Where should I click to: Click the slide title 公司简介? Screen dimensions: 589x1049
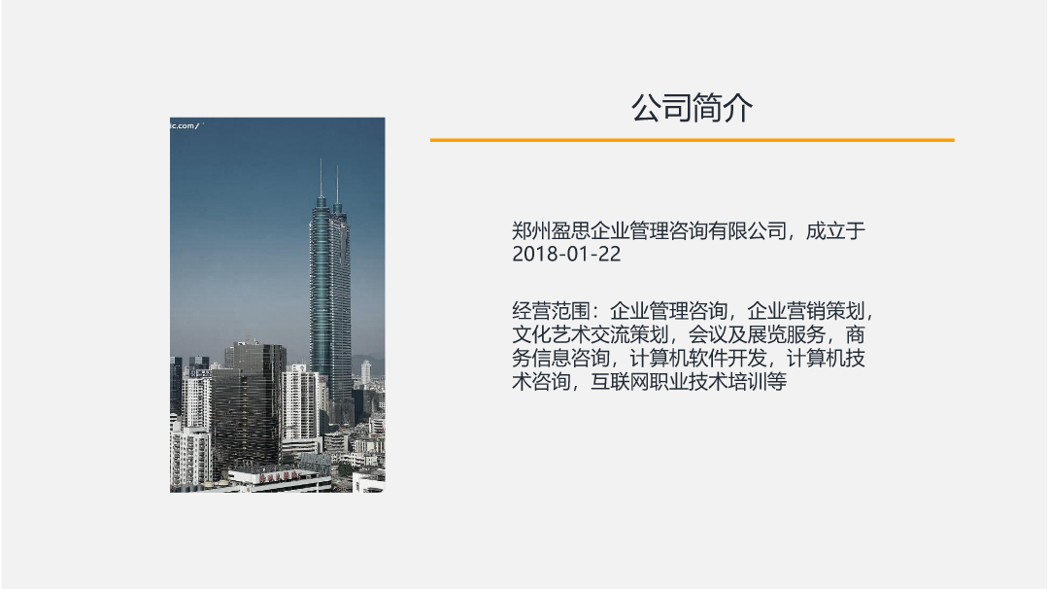(692, 108)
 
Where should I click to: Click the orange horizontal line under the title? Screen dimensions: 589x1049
(692, 140)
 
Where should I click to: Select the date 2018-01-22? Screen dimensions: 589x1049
(566, 255)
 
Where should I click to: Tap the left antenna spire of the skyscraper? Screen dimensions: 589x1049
(321, 180)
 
